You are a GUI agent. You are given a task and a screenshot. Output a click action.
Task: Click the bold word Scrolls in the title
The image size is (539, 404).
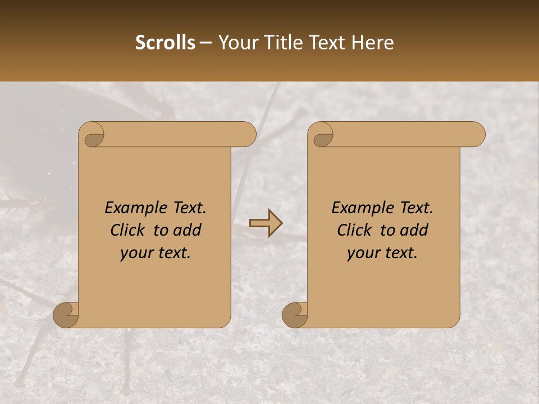(166, 43)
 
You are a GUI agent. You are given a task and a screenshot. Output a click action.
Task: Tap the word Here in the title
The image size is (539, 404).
(373, 43)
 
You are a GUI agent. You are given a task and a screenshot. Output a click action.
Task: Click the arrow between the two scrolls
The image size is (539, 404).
(266, 223)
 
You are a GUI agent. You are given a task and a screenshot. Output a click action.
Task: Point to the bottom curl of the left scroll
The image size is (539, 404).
(66, 315)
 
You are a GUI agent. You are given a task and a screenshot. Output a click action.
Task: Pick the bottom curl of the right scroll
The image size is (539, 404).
(295, 315)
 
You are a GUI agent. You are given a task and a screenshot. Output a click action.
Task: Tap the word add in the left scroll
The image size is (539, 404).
(188, 230)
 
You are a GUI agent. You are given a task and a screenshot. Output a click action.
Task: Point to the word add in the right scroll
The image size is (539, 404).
(414, 230)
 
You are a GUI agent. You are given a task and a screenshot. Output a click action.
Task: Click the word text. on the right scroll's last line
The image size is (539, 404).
(399, 253)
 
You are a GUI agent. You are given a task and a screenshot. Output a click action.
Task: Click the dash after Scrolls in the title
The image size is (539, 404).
(206, 43)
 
